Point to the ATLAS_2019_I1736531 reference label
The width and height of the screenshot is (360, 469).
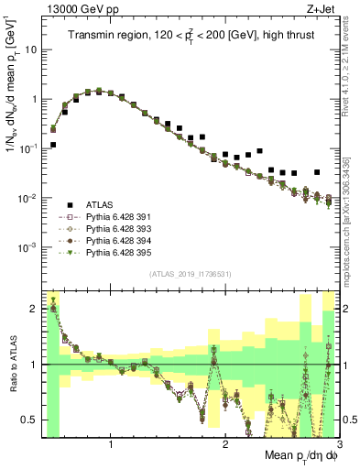point(190,274)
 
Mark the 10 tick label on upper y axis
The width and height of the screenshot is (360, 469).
point(30,49)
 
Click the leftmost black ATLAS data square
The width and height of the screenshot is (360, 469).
point(53,145)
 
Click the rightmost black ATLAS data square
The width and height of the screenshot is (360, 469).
point(317,171)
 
